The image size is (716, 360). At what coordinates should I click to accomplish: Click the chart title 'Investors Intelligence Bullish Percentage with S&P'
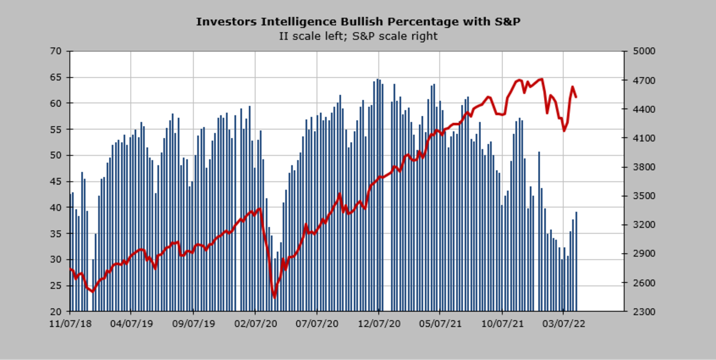pos(358,22)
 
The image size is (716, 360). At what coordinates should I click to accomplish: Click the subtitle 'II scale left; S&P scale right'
pos(358,36)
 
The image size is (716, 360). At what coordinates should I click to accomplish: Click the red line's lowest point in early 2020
pos(274,296)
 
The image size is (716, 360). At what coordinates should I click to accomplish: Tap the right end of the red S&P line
pos(576,97)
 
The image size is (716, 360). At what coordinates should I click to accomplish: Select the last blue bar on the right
pos(576,261)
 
